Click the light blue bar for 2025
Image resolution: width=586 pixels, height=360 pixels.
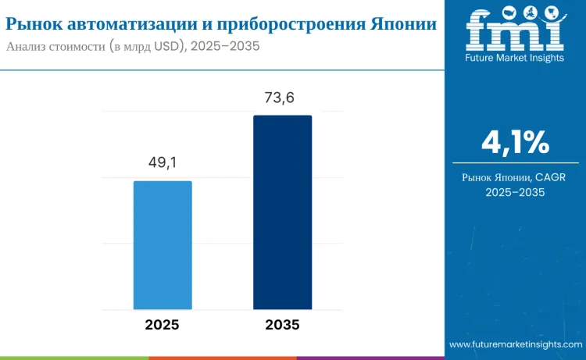click(x=163, y=245)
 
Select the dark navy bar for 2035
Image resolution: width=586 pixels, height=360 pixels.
click(x=282, y=212)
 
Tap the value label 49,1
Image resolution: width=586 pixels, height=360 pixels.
click(x=163, y=162)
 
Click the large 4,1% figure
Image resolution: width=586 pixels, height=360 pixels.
click(x=515, y=143)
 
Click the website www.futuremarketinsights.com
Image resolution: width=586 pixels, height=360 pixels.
click(x=516, y=344)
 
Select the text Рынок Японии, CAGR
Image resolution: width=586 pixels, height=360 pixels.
click(x=515, y=177)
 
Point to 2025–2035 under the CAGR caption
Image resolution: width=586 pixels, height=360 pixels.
click(x=515, y=192)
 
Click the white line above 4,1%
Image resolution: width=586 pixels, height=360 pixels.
click(x=515, y=116)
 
